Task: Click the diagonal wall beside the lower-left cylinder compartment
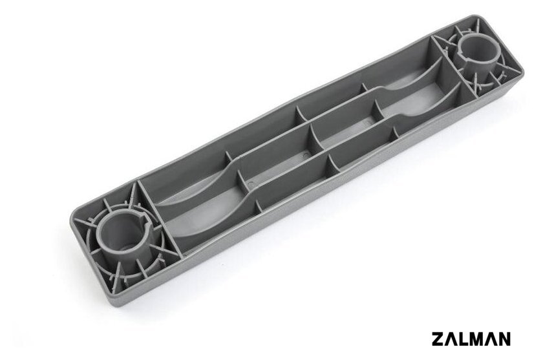(160, 218)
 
